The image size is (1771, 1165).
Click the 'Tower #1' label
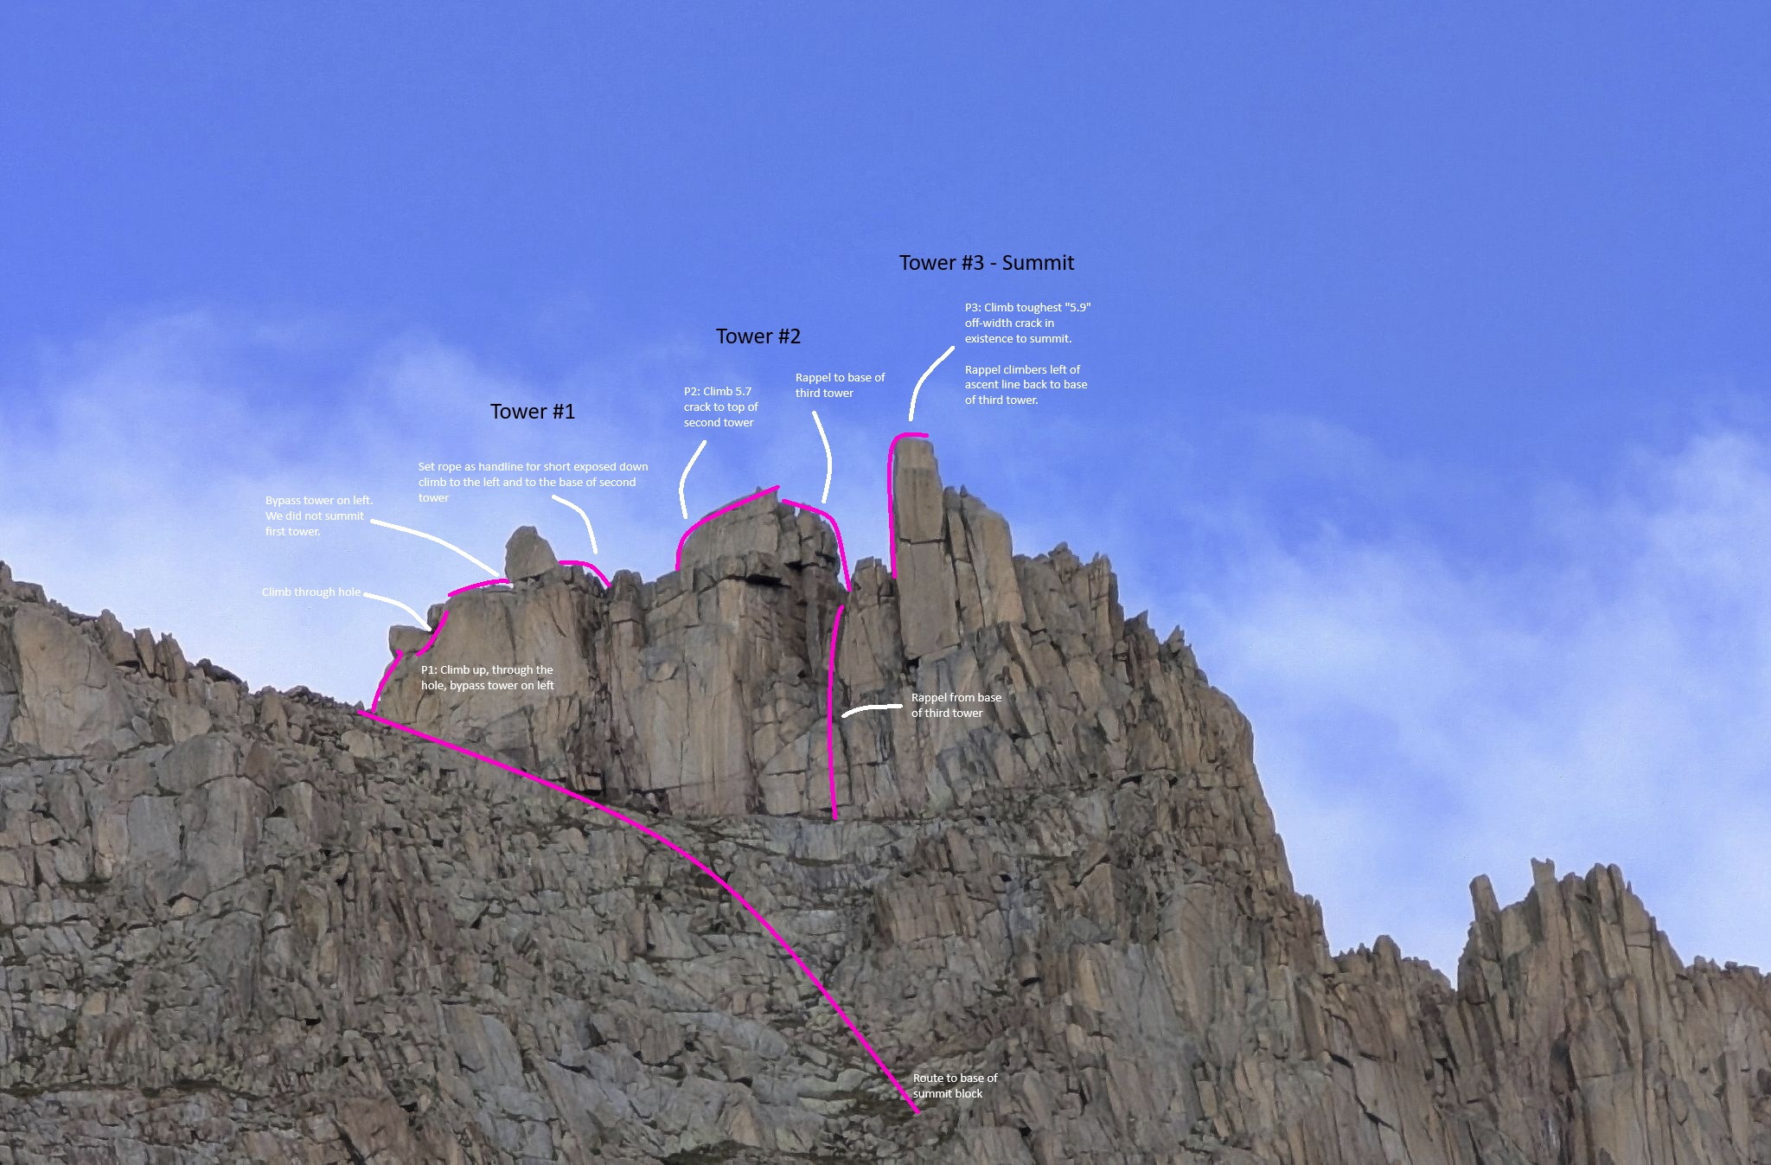532,412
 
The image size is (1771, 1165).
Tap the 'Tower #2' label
758,336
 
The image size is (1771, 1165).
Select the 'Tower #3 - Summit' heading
986,263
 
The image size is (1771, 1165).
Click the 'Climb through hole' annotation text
311,592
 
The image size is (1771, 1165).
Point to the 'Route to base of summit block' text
955,1085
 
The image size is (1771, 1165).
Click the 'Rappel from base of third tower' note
956,705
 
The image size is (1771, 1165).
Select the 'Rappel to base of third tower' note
840,385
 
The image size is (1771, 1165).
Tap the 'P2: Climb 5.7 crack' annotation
720,406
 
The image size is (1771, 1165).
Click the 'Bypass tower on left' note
318,515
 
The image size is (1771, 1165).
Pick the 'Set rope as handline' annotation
533,482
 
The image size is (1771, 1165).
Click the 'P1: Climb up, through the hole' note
487,677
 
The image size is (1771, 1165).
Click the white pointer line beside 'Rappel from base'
872,708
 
